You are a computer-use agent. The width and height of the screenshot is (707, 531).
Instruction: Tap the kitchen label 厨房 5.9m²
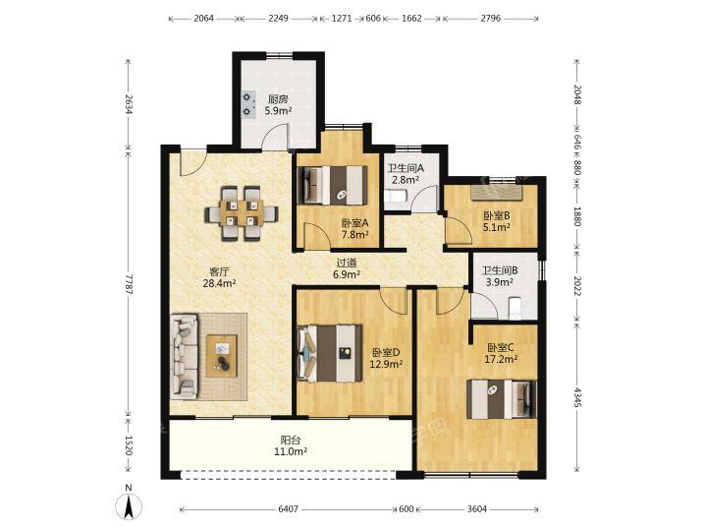click(278, 105)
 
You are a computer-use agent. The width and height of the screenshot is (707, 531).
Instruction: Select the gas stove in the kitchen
click(248, 104)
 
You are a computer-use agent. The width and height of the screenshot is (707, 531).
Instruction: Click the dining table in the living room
click(242, 213)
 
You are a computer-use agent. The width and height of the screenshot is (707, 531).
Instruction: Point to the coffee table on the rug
click(222, 355)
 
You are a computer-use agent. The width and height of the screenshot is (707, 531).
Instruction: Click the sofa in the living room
click(185, 357)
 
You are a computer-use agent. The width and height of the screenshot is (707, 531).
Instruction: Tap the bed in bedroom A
click(333, 185)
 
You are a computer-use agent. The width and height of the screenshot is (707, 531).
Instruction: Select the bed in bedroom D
click(331, 353)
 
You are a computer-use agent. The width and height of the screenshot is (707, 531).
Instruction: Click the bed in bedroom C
click(502, 399)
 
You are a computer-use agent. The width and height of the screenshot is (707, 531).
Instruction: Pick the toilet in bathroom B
click(515, 309)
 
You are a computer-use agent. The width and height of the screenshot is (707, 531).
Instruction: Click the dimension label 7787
click(129, 284)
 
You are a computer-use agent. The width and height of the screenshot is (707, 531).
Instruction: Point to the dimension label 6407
click(288, 509)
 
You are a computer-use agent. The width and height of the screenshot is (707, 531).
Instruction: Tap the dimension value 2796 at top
click(491, 19)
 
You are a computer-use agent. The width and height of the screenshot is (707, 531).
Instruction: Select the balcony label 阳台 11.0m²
click(291, 444)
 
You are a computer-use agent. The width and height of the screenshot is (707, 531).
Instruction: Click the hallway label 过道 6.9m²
click(347, 268)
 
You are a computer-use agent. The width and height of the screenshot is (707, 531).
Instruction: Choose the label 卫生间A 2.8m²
click(406, 174)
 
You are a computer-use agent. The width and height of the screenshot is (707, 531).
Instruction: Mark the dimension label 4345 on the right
click(577, 396)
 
